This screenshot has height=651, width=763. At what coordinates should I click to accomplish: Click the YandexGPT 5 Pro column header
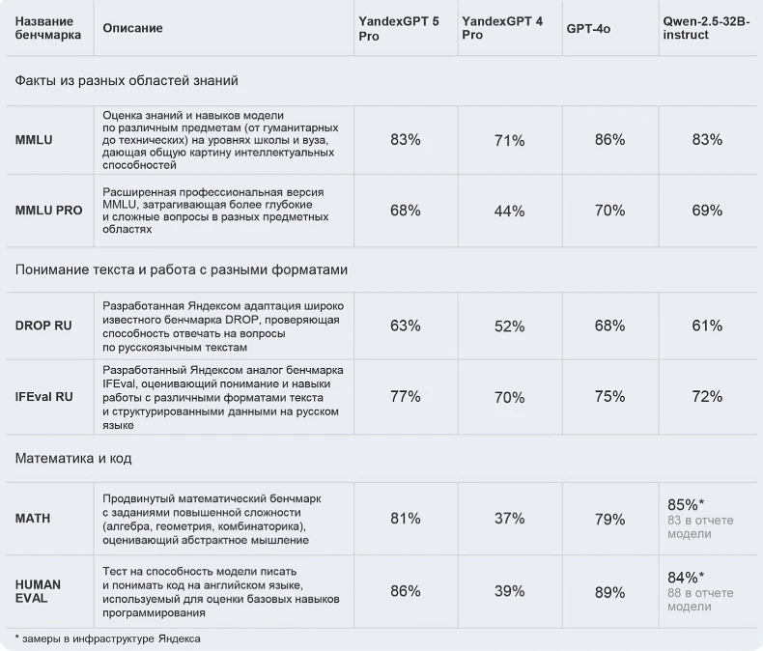pos(398,28)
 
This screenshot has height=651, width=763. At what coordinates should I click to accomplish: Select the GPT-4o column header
pos(588,29)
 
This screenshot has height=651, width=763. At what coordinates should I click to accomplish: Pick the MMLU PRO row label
pos(49,211)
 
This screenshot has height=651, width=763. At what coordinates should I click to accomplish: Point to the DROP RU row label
pos(43,326)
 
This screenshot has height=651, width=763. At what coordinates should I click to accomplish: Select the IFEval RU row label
pos(44,397)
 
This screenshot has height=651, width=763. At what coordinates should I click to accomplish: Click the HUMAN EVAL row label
pos(39,591)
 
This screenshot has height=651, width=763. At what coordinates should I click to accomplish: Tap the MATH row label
pos(33,519)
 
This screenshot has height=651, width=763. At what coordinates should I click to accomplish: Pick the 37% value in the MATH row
pos(509,519)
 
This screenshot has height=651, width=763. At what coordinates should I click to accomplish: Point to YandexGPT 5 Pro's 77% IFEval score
pos(405,396)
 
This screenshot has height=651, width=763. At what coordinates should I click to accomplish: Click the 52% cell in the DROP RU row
pos(509,326)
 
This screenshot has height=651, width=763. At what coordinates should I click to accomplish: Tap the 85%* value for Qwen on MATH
pos(686,504)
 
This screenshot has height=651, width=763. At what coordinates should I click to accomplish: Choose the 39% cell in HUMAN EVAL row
pos(509,591)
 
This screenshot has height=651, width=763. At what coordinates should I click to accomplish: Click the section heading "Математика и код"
pos(73,458)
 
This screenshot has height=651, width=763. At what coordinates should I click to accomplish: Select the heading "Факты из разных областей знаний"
pos(127,81)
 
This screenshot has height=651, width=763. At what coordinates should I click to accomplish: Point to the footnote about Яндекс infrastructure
pos(108,638)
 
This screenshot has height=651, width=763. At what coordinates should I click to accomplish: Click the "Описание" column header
pos(132,29)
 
